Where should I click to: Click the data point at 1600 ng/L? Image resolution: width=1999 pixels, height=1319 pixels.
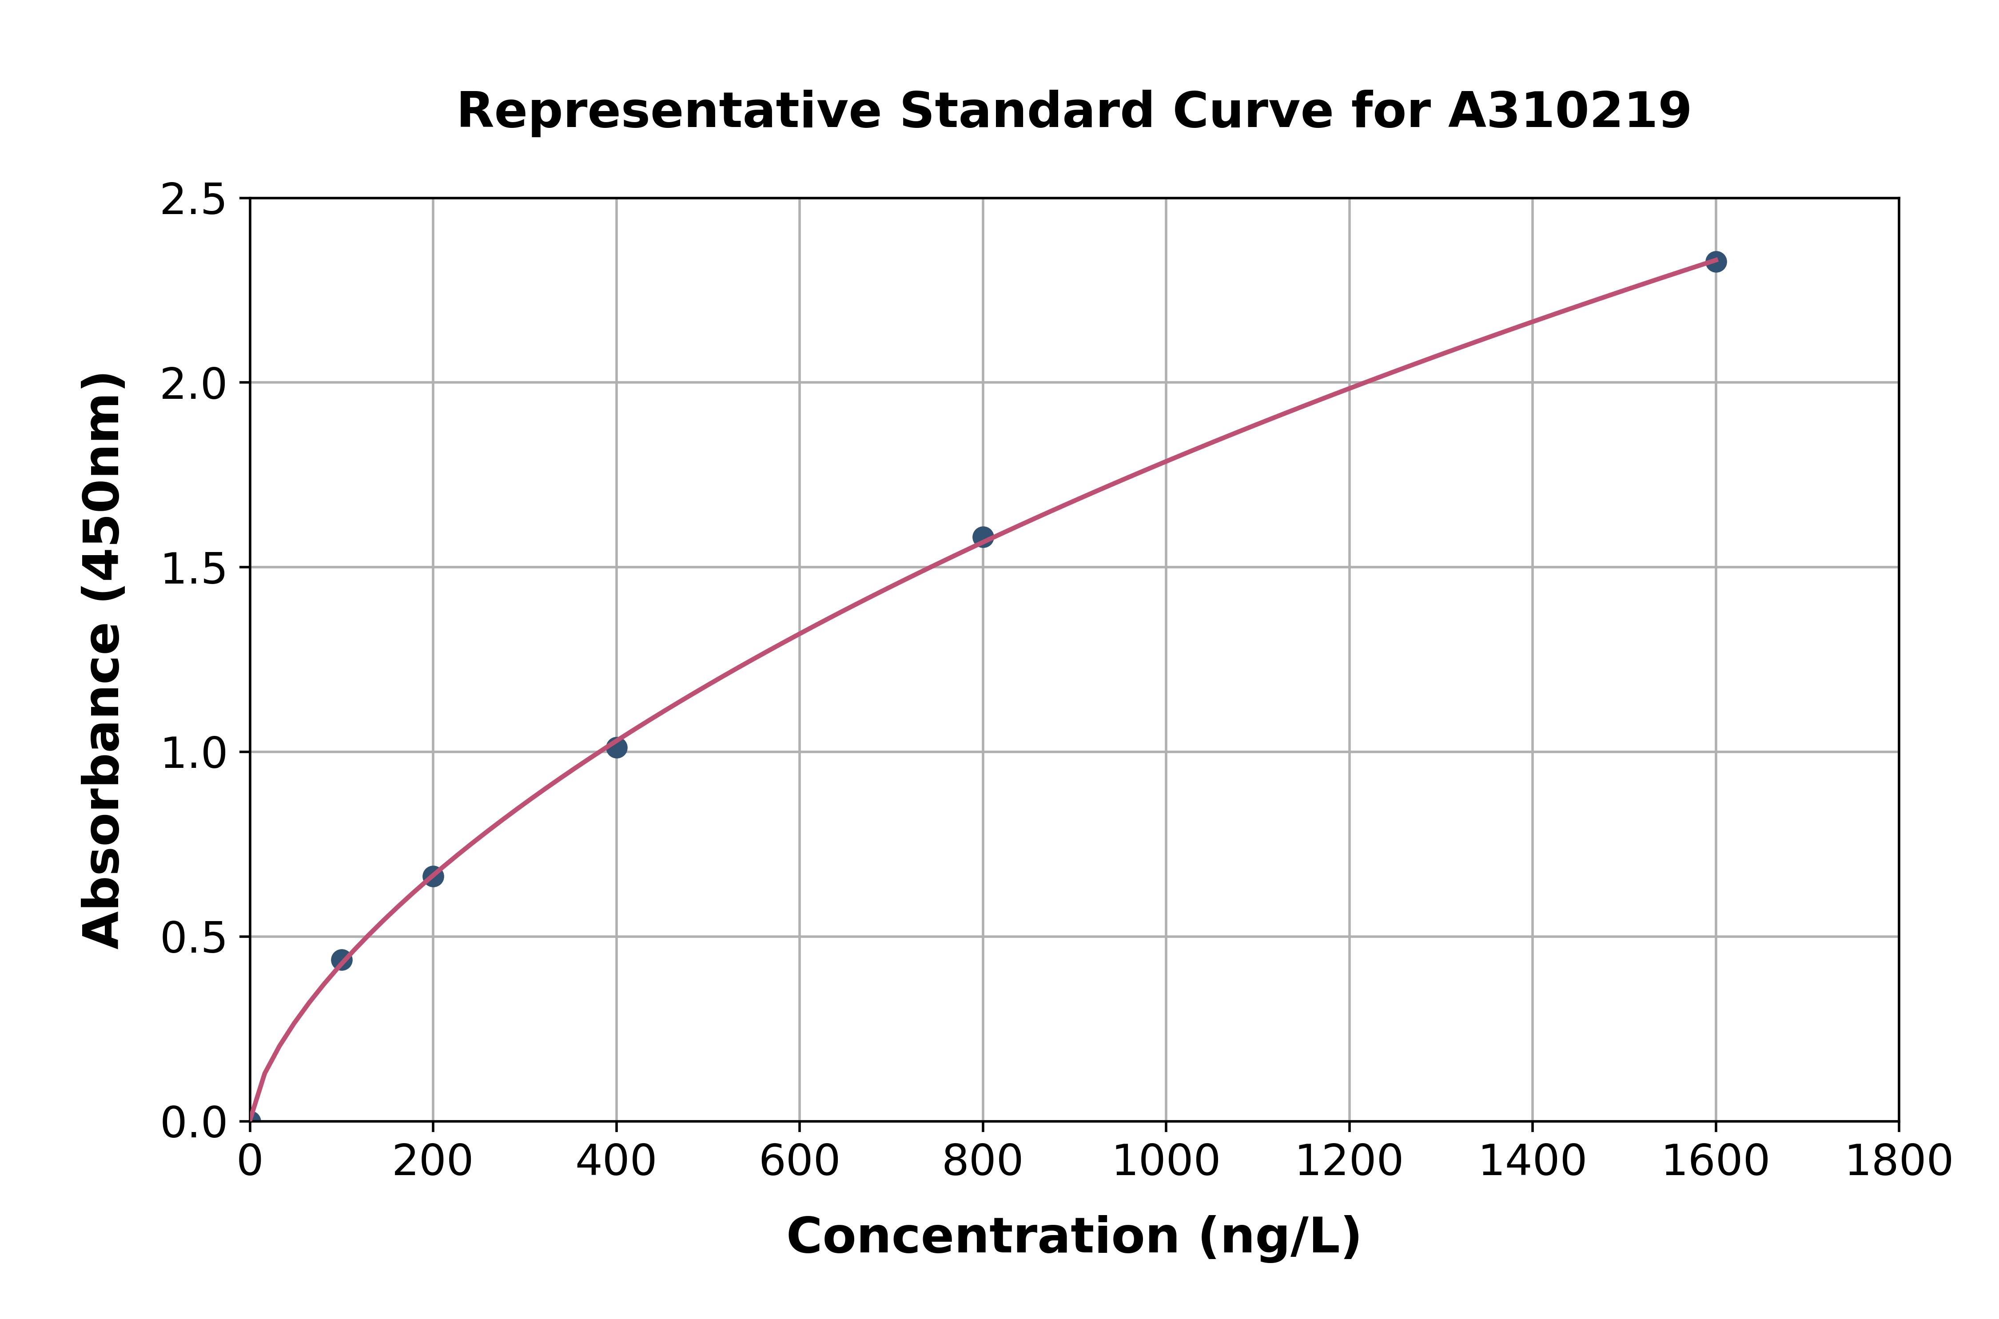pos(1716,262)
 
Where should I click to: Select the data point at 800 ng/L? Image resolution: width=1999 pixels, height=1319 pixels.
pos(983,536)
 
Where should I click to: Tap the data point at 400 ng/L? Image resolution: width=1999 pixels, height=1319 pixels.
pos(617,747)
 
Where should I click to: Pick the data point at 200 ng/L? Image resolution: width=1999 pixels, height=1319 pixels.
pos(433,877)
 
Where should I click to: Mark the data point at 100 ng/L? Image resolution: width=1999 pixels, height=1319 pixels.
pos(342,960)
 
